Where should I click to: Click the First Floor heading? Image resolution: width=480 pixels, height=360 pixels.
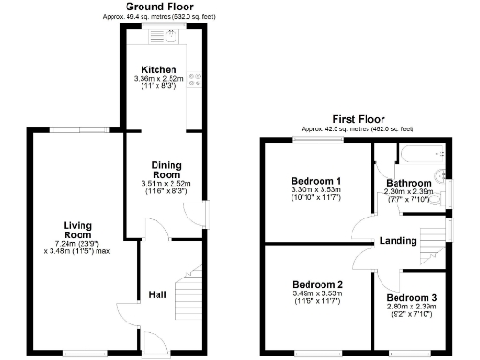357,119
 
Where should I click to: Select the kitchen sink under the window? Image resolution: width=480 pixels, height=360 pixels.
158,37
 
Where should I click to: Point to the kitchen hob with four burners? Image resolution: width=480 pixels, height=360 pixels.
194,82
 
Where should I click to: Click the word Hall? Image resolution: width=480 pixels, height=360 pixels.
157,295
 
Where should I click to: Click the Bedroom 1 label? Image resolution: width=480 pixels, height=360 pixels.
316,181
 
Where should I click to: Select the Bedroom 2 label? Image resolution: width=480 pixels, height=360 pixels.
317,284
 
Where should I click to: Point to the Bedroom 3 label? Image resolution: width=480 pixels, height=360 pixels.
411,297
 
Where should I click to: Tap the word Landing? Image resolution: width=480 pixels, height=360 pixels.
397,241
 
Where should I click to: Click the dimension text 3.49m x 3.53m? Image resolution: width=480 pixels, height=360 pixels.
317,294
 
